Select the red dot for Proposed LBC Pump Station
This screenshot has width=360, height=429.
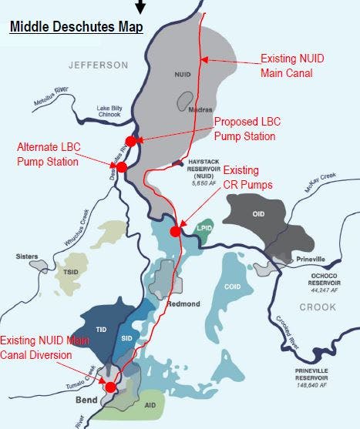click(131, 141)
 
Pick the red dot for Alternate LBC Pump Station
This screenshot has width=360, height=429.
click(121, 167)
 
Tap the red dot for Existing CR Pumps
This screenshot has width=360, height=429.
click(176, 230)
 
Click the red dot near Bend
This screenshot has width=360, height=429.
click(110, 387)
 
